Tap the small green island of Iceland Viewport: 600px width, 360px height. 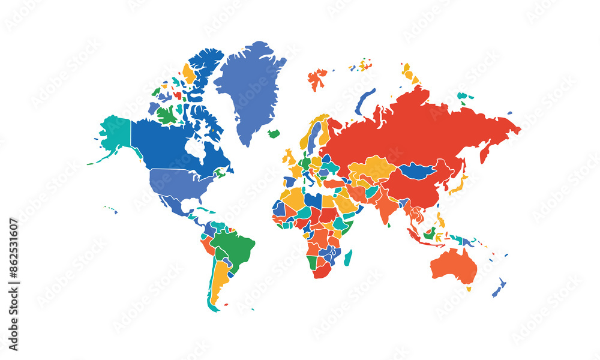[x=274, y=134]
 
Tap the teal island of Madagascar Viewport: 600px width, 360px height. [x=348, y=258]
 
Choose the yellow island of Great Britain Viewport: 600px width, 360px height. [x=290, y=158]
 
